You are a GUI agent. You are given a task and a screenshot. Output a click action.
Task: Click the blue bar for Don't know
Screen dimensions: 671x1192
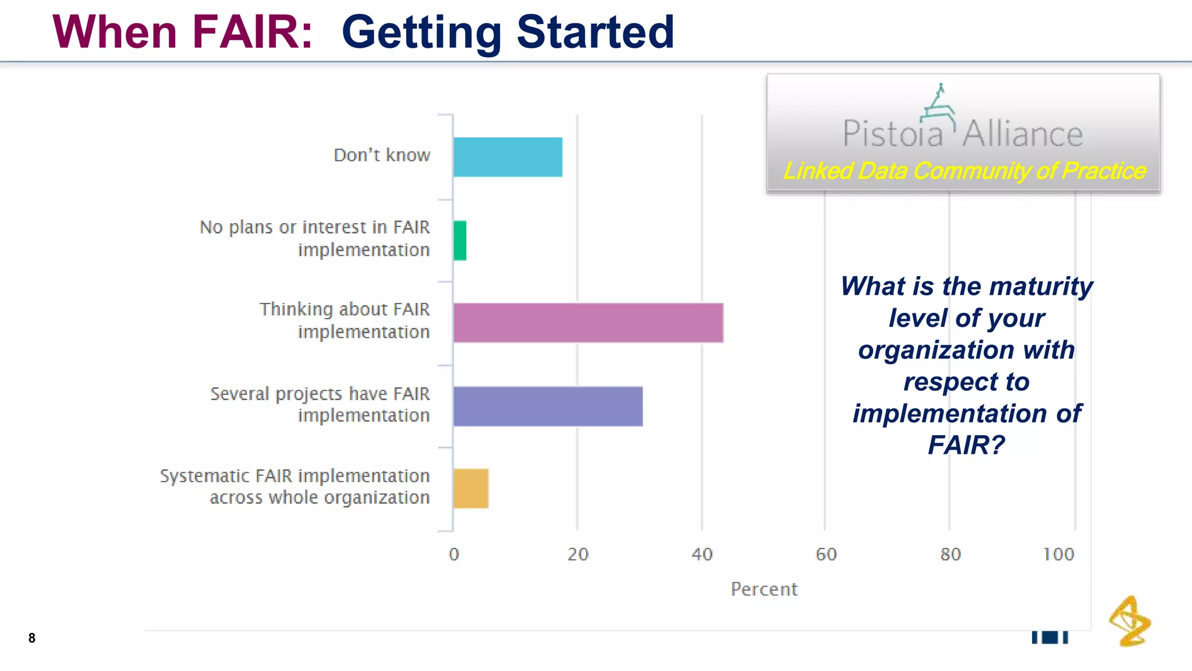tap(508, 157)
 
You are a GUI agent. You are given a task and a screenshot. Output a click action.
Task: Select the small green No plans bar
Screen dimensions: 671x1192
tap(460, 241)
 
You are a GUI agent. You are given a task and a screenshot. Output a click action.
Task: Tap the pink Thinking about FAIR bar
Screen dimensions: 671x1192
tap(588, 323)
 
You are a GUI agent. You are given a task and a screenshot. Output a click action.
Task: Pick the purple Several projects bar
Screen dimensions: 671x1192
tap(548, 407)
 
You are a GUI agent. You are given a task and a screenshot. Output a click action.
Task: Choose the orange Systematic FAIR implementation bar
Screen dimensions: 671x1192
tap(471, 489)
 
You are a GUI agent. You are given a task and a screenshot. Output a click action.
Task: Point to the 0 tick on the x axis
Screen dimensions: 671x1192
tap(454, 554)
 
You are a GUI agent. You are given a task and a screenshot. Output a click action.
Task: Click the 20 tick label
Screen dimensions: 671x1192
tap(578, 554)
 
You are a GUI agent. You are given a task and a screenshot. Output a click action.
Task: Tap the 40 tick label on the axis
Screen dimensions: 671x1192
tap(702, 554)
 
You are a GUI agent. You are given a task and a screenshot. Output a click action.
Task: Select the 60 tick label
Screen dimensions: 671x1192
tap(826, 554)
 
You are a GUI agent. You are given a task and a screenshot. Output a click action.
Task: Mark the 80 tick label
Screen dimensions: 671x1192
tap(950, 554)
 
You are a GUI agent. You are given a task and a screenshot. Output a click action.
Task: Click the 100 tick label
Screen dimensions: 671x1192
tap(1058, 554)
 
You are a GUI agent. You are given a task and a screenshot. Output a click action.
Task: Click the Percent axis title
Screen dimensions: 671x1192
tap(764, 589)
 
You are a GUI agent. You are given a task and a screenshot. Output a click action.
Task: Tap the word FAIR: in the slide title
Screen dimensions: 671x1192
tap(253, 32)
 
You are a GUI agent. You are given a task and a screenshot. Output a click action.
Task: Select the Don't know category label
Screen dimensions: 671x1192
tap(382, 156)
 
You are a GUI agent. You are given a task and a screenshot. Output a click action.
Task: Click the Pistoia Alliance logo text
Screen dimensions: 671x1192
tap(963, 133)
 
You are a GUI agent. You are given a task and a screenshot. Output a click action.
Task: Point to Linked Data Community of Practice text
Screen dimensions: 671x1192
tap(964, 171)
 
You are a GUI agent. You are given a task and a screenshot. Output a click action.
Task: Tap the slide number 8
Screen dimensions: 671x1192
tap(32, 638)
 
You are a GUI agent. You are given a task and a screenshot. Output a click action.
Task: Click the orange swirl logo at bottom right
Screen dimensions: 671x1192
tap(1130, 621)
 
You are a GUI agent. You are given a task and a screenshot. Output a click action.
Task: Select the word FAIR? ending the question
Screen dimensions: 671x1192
tap(966, 446)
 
